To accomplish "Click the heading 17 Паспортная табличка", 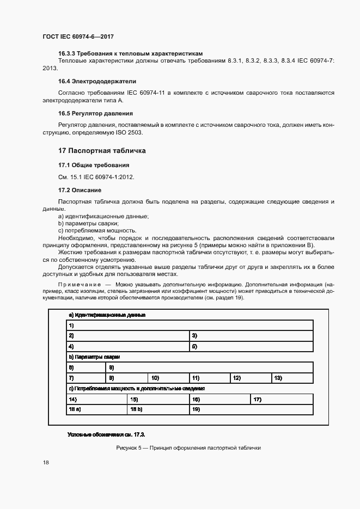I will coord(102,150).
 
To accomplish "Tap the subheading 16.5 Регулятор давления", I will coord(95,113).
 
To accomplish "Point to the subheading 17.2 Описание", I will coord(80,190).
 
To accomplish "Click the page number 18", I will coord(46,463).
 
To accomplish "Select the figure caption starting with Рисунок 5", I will coord(188,447).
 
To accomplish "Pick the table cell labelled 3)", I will coord(251,336).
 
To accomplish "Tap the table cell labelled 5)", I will coord(251,346).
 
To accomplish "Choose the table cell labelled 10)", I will coord(168,378).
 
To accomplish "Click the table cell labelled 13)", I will coord(292,378).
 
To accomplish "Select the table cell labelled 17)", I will coord(282,399).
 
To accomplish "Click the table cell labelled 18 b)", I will coord(157,409).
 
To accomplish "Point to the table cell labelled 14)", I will coord(96,399).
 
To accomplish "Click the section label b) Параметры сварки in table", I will coord(94,357).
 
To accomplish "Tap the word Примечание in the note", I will coord(80,285).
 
